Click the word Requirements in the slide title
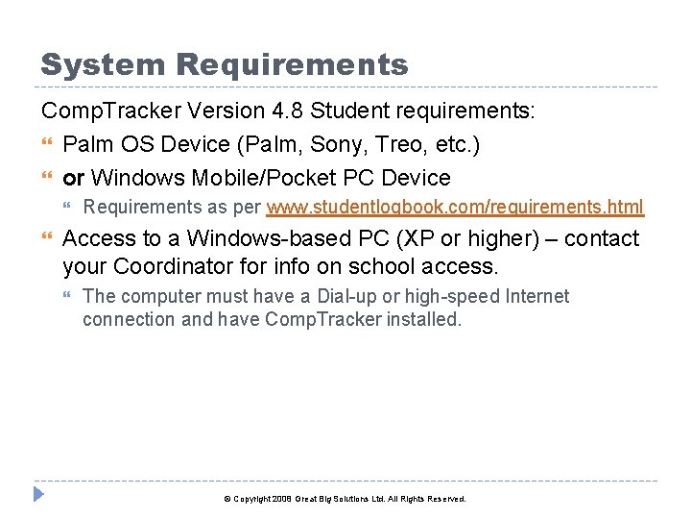pyautogui.click(x=293, y=65)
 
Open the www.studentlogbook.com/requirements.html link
pyautogui.click(x=455, y=208)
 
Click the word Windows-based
pyautogui.click(x=257, y=238)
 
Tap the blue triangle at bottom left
pyautogui.click(x=39, y=496)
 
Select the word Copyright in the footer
pyautogui.click(x=252, y=500)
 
